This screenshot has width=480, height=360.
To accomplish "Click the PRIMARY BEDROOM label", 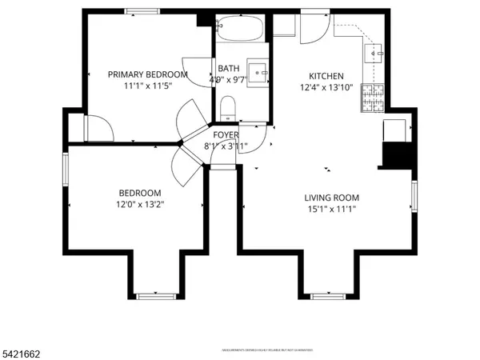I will [x=148, y=74].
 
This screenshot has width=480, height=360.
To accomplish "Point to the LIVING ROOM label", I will [x=331, y=198].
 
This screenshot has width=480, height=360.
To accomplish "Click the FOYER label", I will [x=226, y=135].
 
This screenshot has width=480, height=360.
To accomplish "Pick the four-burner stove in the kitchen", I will [x=374, y=98].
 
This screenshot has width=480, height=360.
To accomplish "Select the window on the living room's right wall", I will [x=414, y=196].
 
